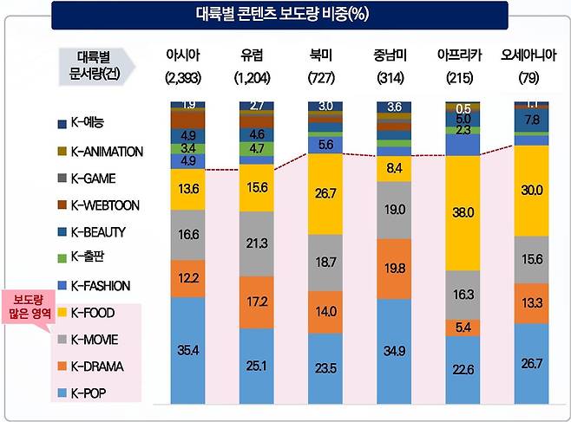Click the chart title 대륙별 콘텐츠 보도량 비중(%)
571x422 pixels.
285,16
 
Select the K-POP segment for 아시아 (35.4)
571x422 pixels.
188,351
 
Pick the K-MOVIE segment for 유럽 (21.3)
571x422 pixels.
258,243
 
